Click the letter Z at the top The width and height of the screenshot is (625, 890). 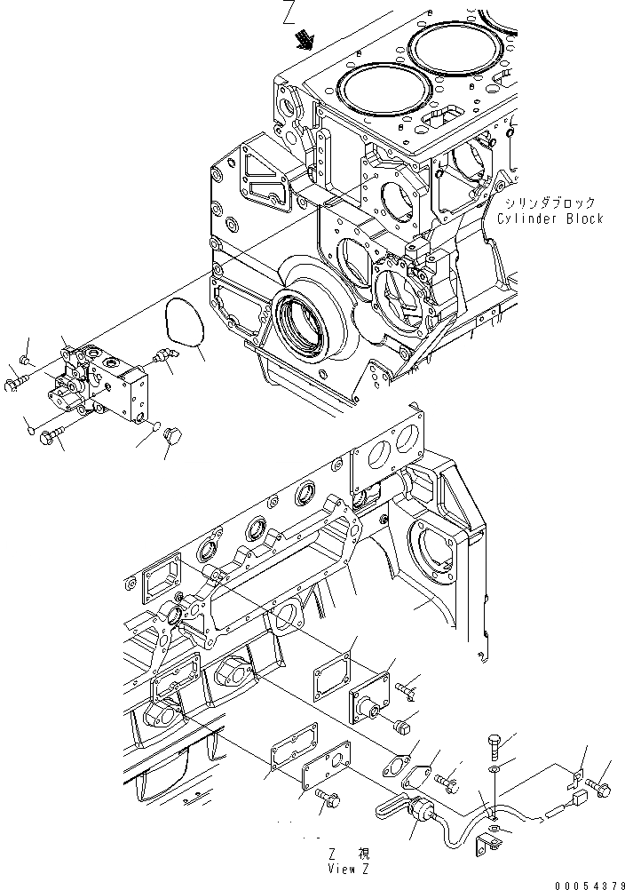click(x=289, y=13)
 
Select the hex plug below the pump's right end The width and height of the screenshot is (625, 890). click(x=173, y=436)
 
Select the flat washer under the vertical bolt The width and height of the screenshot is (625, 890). click(x=494, y=767)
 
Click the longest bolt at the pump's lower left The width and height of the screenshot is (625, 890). click(x=56, y=435)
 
